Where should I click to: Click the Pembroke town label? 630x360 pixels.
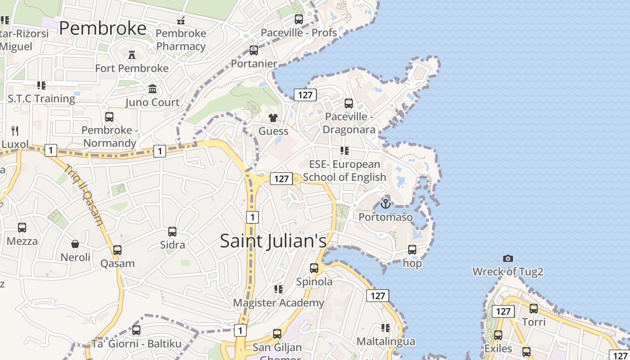click(103, 28)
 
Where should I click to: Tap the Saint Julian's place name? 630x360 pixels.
click(273, 241)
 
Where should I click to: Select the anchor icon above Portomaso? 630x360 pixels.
click(386, 204)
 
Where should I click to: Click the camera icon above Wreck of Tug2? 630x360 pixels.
click(508, 258)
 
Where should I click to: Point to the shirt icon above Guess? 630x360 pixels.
click(273, 118)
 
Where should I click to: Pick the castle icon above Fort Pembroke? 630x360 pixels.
click(132, 55)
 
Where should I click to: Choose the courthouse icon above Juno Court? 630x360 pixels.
click(153, 89)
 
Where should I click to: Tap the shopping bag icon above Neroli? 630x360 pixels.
click(75, 244)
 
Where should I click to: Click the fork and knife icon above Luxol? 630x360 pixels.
click(15, 131)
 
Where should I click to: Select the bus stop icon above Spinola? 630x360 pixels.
click(314, 268)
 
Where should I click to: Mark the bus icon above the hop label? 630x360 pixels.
click(412, 249)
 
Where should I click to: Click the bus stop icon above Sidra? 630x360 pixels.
click(172, 231)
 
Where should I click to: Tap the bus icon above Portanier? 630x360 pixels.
click(254, 50)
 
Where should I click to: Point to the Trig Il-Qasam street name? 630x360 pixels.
click(84, 195)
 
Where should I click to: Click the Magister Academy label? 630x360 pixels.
click(279, 303)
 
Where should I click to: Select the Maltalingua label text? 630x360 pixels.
click(386, 342)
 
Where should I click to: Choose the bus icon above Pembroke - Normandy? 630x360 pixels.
click(109, 117)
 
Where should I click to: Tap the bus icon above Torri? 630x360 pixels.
click(534, 309)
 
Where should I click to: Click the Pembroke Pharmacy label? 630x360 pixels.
click(181, 40)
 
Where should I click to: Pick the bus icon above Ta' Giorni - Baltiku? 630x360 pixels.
click(136, 330)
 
